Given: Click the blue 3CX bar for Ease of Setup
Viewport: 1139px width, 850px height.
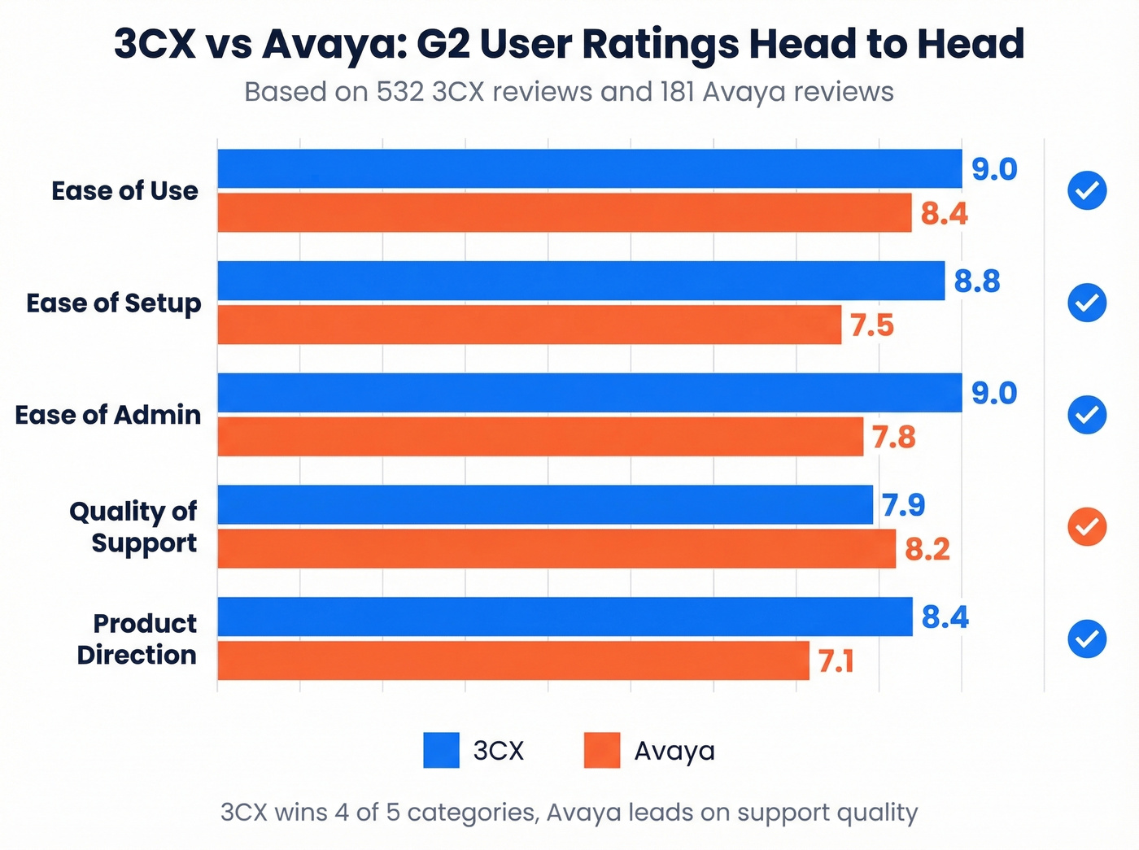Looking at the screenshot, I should pyautogui.click(x=581, y=281).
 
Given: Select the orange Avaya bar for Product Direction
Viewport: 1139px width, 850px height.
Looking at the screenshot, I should pyautogui.click(x=513, y=660).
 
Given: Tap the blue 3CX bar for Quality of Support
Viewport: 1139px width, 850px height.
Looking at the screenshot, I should pyautogui.click(x=545, y=504).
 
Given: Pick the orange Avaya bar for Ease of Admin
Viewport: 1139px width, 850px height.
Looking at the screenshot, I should pyautogui.click(x=540, y=437).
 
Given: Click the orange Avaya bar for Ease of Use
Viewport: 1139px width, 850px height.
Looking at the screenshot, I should pyautogui.click(x=564, y=213).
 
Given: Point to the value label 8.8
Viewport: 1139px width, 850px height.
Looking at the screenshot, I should pyautogui.click(x=976, y=281).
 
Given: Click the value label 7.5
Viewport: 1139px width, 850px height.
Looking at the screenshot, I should pyautogui.click(x=871, y=326).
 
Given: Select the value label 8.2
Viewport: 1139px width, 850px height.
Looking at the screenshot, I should pyautogui.click(x=927, y=550).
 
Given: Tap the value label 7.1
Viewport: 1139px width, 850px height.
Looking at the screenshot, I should pyautogui.click(x=836, y=662).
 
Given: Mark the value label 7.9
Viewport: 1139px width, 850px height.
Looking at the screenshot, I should pyautogui.click(x=903, y=505).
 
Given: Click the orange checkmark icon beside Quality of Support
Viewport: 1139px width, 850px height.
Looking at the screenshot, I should pyautogui.click(x=1087, y=527).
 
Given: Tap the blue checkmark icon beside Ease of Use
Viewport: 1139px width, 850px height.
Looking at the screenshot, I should pyautogui.click(x=1087, y=191).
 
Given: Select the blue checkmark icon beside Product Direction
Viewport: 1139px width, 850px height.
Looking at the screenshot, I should pyautogui.click(x=1087, y=639).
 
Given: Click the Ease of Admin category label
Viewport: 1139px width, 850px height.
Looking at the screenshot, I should pyautogui.click(x=108, y=415).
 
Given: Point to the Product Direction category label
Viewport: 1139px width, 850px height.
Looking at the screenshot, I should pyautogui.click(x=137, y=639).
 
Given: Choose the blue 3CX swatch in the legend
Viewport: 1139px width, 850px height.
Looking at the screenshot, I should pyautogui.click(x=441, y=750).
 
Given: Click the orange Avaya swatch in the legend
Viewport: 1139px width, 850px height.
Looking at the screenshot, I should pyautogui.click(x=602, y=750).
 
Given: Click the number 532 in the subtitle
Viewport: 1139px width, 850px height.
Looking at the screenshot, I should pyautogui.click(x=399, y=92).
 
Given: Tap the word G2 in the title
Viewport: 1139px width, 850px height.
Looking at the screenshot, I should pyautogui.click(x=443, y=44).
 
